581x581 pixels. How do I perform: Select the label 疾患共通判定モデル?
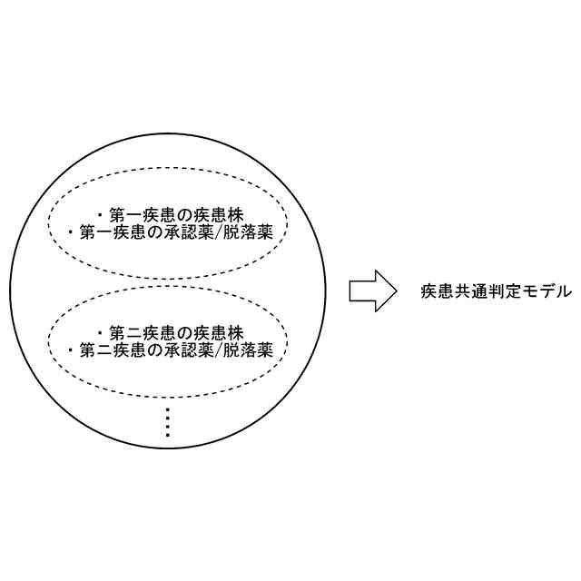pos(497,291)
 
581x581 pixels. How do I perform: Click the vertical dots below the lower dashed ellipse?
pos(169,422)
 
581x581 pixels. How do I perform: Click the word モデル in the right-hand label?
pos(550,291)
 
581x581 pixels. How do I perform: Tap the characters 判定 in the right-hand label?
pos(497,291)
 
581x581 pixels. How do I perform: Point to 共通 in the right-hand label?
pos(466,291)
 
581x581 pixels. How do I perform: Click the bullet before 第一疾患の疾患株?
pos(100,216)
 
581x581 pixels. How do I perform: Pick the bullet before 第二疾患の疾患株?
pos(100,332)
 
